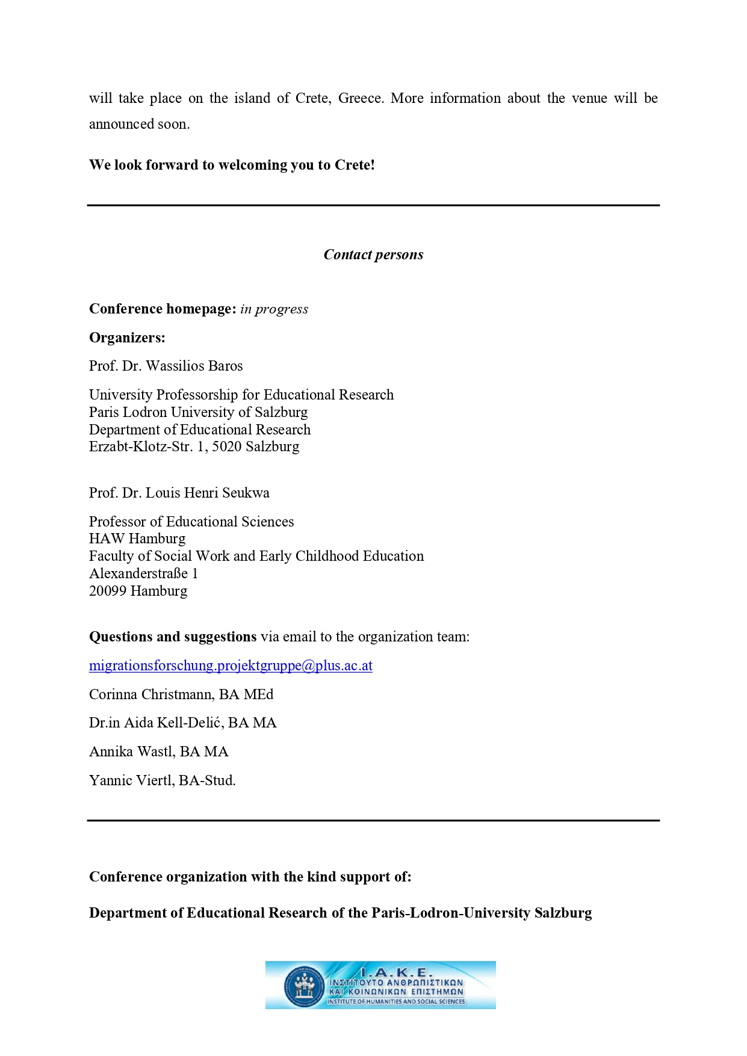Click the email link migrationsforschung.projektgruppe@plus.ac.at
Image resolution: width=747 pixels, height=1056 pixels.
[231, 665]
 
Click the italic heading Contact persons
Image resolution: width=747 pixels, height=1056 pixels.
[373, 255]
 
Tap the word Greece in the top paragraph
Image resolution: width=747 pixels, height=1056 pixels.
[360, 98]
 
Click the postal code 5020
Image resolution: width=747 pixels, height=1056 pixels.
[226, 446]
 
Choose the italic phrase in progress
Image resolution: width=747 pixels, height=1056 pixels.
[274, 309]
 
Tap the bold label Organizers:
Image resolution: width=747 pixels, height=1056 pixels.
[127, 338]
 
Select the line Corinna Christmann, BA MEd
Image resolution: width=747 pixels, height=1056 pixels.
[181, 694]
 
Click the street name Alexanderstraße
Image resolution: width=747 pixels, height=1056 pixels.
[138, 573]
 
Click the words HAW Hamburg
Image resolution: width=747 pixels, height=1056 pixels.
[137, 539]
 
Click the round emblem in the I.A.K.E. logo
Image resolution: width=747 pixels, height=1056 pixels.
[304, 986]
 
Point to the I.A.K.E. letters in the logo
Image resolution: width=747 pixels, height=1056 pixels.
[396, 972]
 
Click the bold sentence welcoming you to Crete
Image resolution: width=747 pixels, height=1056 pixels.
[232, 165]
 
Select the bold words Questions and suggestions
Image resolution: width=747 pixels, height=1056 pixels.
[173, 637]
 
